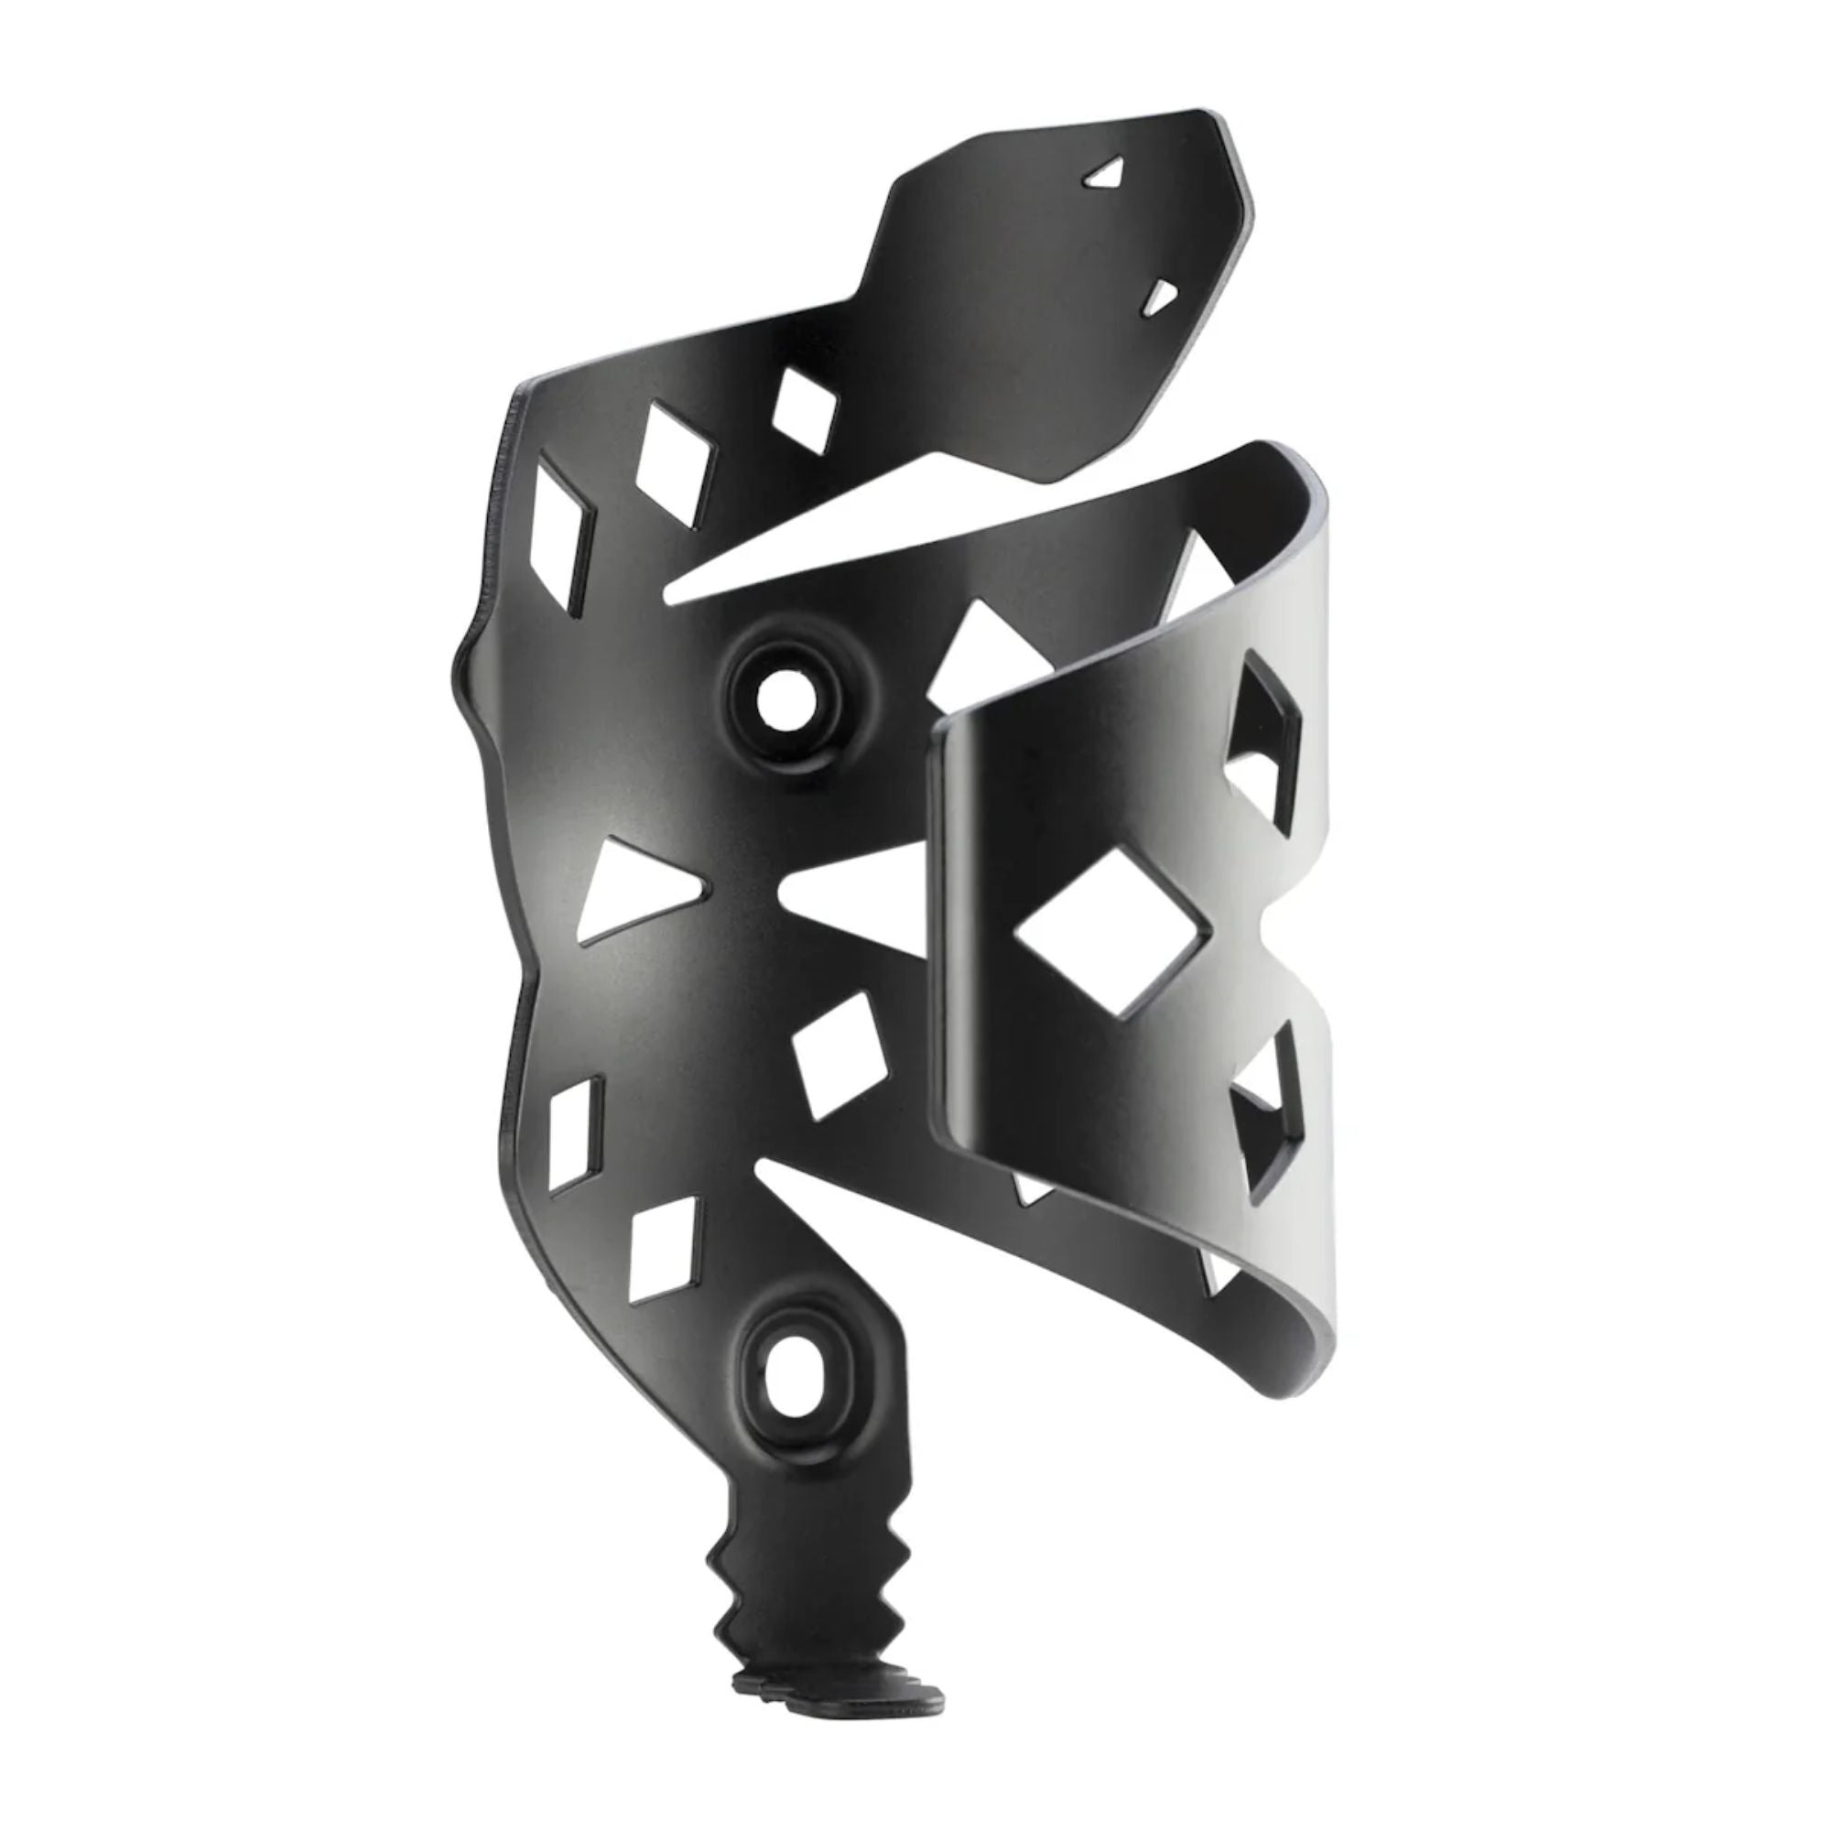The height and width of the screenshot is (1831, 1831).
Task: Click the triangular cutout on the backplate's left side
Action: (x=630, y=886)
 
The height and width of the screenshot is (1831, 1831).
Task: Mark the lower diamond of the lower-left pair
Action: (x=664, y=1246)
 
